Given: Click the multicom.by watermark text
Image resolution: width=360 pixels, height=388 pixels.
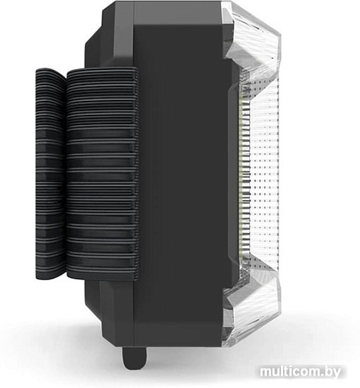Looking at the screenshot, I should tap(307, 374).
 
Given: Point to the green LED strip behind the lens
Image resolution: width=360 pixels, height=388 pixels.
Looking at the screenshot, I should tap(244, 175).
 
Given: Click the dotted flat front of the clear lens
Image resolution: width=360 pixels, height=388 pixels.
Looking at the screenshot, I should tap(264, 175).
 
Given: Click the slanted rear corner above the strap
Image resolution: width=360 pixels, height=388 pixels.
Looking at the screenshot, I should tap(97, 39).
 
